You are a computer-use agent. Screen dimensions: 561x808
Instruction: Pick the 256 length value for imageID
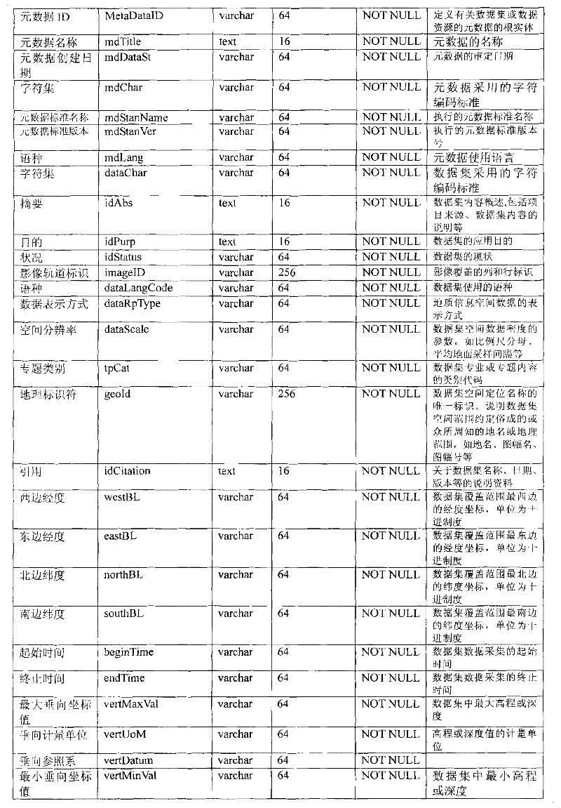click(287, 272)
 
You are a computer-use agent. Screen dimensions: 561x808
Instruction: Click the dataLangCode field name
click(138, 288)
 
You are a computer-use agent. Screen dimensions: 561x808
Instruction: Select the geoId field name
click(117, 394)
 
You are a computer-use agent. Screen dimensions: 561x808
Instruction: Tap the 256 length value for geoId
click(287, 394)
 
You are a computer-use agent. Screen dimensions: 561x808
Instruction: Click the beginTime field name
click(128, 652)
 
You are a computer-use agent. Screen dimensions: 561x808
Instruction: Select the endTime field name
click(124, 678)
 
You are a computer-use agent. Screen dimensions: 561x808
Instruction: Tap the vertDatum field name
click(128, 760)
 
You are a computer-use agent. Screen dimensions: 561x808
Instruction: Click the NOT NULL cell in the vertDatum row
click(391, 760)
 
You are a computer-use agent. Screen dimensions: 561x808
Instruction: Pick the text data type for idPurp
click(227, 241)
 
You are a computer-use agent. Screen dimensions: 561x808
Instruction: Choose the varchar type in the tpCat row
click(236, 368)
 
